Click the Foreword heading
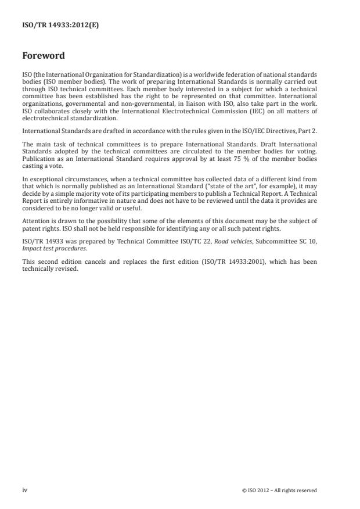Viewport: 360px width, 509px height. [x=43, y=56]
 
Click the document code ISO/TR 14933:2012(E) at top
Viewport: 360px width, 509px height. [x=60, y=26]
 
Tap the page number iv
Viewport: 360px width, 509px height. [x=24, y=490]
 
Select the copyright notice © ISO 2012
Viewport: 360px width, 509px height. [x=279, y=490]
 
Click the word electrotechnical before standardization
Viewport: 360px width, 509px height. [x=44, y=117]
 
